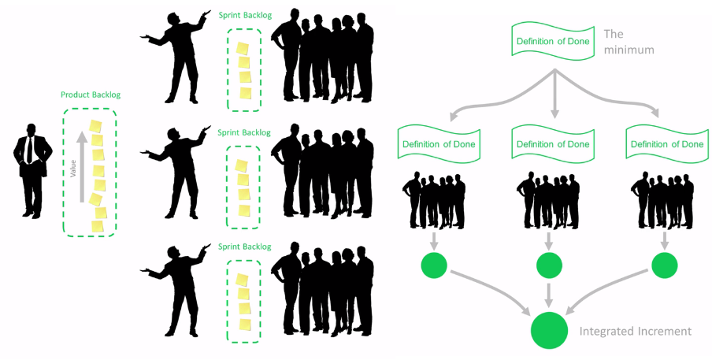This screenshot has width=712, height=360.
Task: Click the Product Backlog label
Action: click(x=91, y=95)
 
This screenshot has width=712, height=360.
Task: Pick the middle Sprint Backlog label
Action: click(x=243, y=132)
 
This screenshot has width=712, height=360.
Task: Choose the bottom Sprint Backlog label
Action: click(x=243, y=247)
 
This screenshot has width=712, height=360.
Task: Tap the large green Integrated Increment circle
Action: click(x=549, y=331)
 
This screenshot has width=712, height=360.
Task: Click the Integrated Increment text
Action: click(x=635, y=332)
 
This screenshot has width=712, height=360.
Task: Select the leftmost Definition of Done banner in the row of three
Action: click(x=437, y=144)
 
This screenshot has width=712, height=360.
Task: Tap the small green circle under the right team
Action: click(x=664, y=265)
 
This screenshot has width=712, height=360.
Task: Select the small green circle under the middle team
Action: click(x=549, y=265)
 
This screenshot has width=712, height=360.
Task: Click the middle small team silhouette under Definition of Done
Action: click(x=549, y=200)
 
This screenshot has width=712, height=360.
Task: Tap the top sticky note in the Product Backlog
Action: click(x=96, y=126)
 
